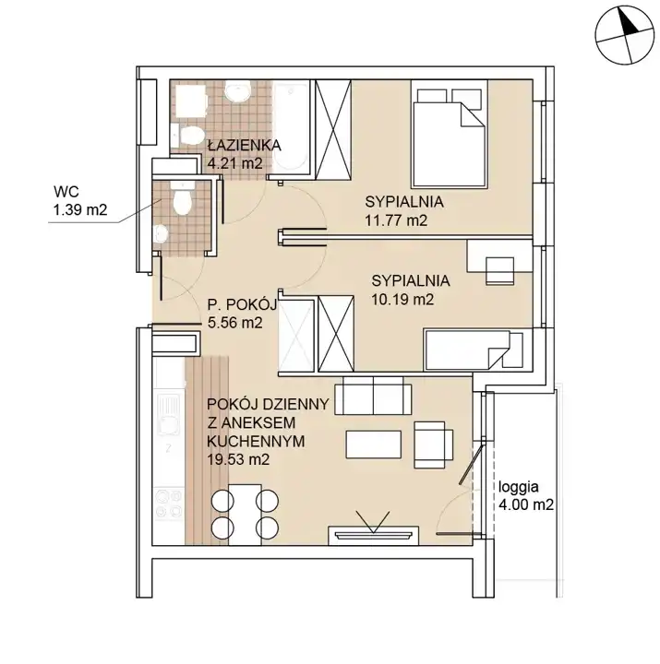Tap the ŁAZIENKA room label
245,146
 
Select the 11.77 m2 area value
396,220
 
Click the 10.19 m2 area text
402,300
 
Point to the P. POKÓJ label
242,304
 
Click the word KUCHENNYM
256,441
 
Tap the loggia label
519,488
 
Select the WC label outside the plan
66,192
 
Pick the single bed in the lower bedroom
474,350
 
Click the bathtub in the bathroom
291,126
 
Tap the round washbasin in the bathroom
238,92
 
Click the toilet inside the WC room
183,200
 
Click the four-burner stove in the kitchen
169,504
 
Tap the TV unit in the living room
374,535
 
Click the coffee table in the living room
374,445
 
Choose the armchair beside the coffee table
433,445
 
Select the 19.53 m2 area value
238,459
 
